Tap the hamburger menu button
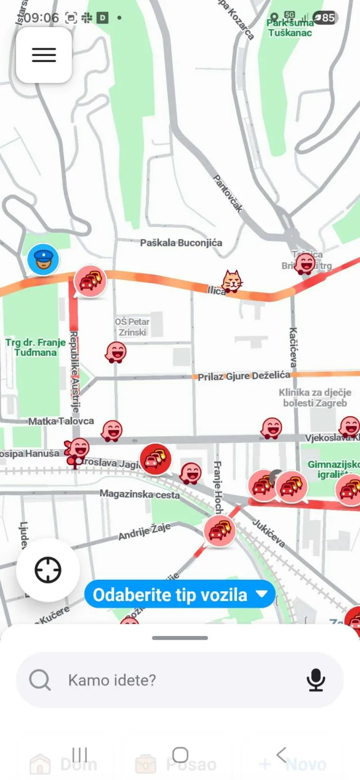point(44,55)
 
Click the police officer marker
point(43,260)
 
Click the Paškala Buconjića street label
point(181,243)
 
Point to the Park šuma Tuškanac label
point(290,28)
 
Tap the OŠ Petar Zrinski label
point(132,327)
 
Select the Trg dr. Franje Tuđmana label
point(36,347)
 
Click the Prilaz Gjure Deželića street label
point(243,376)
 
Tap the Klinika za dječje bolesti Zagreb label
point(315,398)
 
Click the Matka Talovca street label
point(61,421)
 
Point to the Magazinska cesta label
point(139,494)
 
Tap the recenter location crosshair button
point(48,570)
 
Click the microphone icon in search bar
point(315,680)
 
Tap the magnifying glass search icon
point(40,680)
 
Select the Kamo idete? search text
point(112,680)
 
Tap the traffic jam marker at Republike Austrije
point(90,281)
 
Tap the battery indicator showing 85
point(325,18)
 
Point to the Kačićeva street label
point(293,347)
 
